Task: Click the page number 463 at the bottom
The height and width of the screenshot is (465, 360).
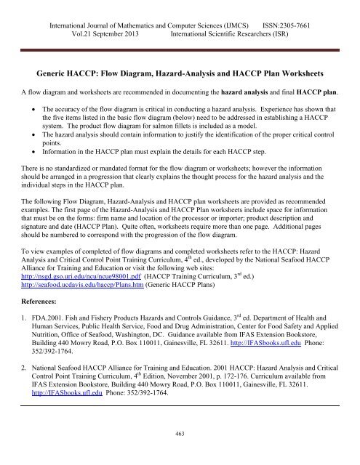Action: tap(179, 453)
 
